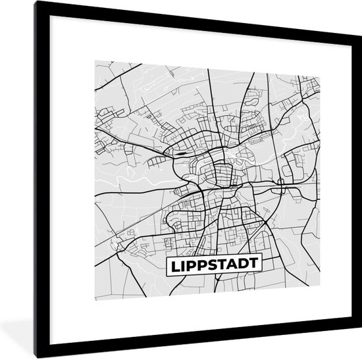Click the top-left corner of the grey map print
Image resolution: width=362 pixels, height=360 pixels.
[95, 61]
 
